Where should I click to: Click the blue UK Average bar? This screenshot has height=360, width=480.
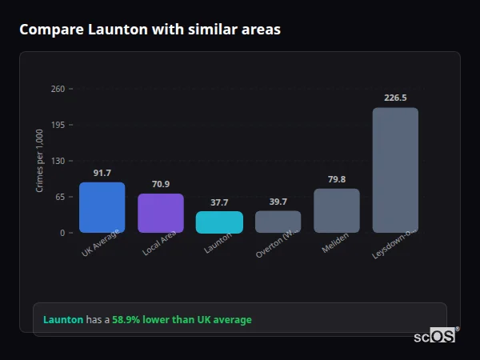102,207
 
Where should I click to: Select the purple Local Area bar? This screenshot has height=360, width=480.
161,213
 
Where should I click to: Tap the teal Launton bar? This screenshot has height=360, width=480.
219,222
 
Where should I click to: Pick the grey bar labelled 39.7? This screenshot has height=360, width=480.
278,222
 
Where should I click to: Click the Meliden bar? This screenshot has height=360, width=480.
337,210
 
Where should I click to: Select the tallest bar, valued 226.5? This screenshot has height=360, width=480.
395,170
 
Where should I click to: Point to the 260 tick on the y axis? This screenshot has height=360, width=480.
58,89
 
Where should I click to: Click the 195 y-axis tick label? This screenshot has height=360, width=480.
58,125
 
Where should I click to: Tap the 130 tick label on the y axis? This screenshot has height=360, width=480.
58,161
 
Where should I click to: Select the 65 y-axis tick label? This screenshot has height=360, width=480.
60,197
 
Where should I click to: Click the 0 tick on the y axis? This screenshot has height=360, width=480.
62,233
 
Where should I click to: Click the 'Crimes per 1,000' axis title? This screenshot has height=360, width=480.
40,161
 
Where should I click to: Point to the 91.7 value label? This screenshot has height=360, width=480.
102,173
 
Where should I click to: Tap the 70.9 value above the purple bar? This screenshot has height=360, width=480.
161,184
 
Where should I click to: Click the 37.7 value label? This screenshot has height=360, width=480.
219,202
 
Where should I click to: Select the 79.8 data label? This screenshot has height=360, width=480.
337,179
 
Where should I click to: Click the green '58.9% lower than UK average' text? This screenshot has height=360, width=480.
182,320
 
